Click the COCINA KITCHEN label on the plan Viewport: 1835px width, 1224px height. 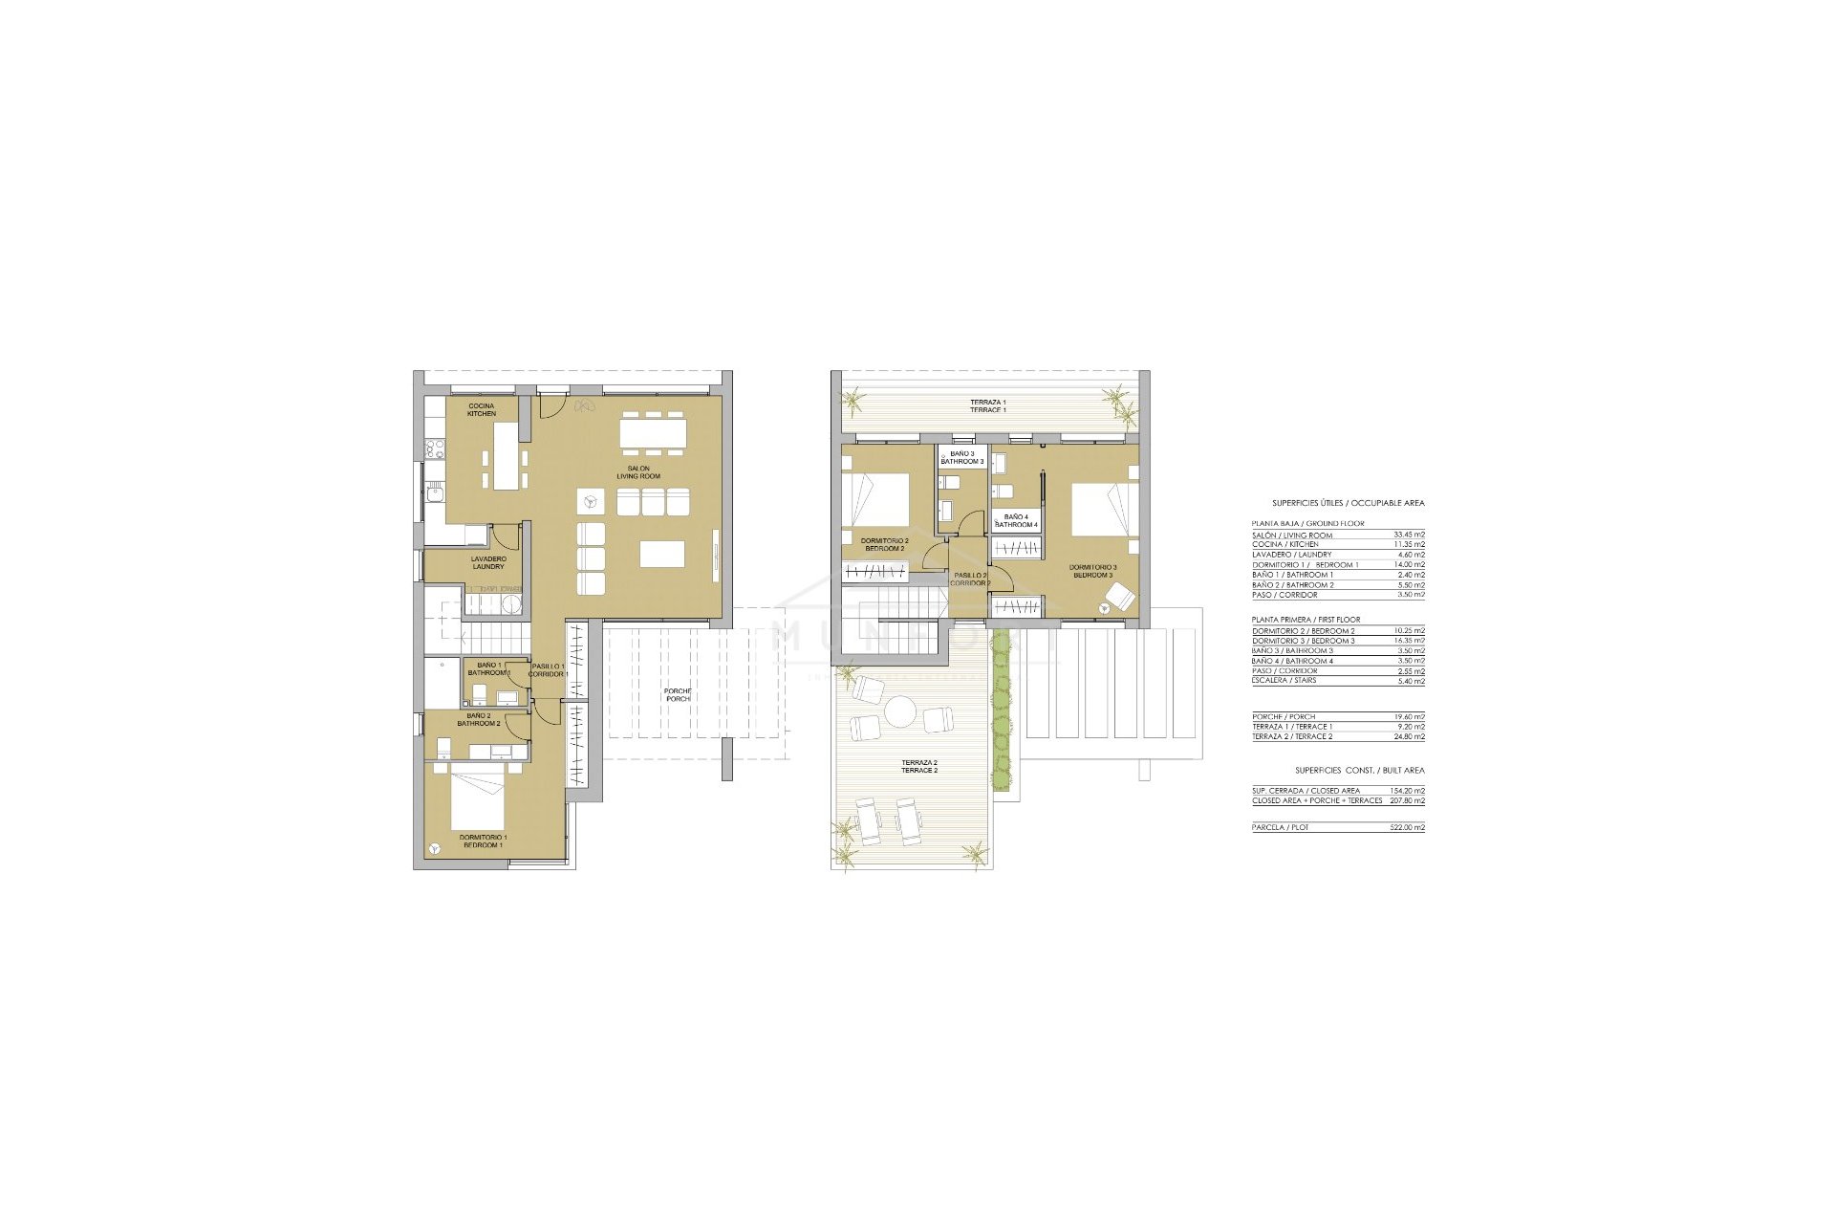click(482, 410)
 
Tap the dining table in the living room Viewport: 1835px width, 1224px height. click(652, 433)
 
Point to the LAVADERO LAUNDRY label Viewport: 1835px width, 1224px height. click(488, 562)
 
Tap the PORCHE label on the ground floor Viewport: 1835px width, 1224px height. click(678, 694)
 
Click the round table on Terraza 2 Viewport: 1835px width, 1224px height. click(899, 712)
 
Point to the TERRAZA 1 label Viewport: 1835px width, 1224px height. click(987, 405)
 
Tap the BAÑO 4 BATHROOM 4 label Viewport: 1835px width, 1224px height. click(1016, 521)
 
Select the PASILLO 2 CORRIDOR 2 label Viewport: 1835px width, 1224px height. click(970, 579)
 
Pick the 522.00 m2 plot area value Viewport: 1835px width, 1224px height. click(1407, 827)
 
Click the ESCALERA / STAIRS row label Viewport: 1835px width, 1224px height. click(1284, 681)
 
